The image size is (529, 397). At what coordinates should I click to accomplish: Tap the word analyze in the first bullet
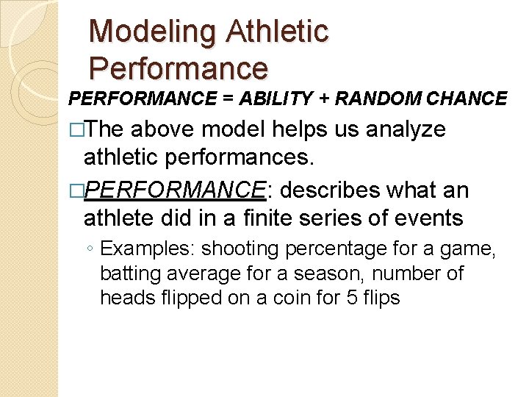pyautogui.click(x=404, y=129)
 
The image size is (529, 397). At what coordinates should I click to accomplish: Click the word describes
pyautogui.click(x=330, y=191)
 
